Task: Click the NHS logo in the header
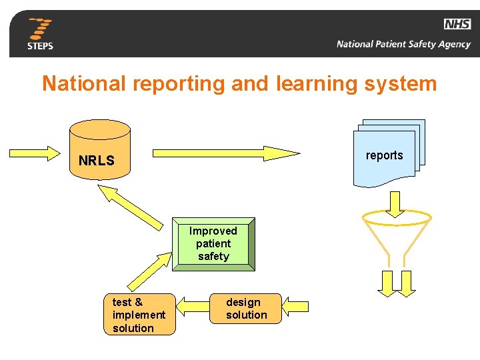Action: [x=457, y=25]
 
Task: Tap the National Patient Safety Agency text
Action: [x=403, y=45]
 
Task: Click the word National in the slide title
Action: [x=83, y=84]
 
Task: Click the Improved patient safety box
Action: [x=213, y=243]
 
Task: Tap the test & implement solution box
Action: [x=139, y=315]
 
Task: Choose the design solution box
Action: [x=246, y=309]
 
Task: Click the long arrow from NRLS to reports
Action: [x=227, y=153]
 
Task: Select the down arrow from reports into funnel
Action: [x=395, y=204]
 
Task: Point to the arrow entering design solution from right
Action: [x=295, y=307]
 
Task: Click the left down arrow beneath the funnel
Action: [x=387, y=284]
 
